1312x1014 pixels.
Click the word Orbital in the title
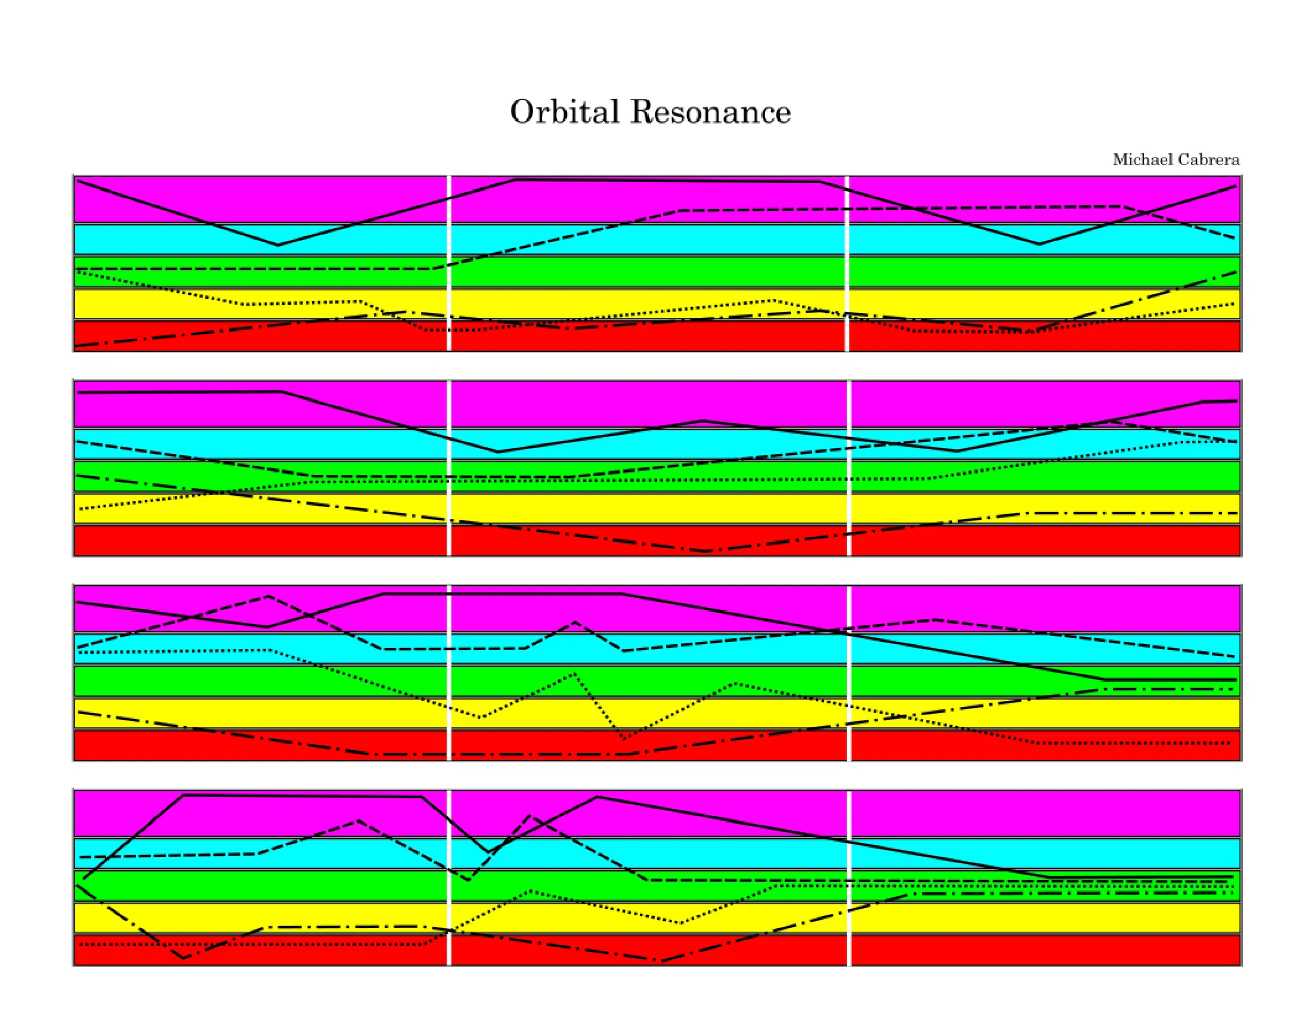(564, 112)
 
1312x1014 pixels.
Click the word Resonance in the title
(711, 112)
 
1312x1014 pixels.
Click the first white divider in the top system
(448, 263)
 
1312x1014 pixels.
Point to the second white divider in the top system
(847, 263)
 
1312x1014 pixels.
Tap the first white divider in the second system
(448, 468)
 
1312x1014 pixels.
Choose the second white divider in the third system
(849, 673)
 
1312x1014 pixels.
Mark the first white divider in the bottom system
(448, 877)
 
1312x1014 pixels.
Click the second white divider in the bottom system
(849, 877)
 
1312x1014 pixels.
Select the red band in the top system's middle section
(648, 335)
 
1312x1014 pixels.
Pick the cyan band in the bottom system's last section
(1046, 853)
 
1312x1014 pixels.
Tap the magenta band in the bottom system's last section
(1046, 814)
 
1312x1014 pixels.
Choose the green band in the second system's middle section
(649, 476)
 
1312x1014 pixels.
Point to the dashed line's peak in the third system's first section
(268, 596)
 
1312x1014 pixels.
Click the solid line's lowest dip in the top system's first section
(277, 245)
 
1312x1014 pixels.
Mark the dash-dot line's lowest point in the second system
(707, 551)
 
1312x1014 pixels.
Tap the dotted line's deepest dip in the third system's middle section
(625, 738)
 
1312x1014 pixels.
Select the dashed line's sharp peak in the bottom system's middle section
(529, 816)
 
